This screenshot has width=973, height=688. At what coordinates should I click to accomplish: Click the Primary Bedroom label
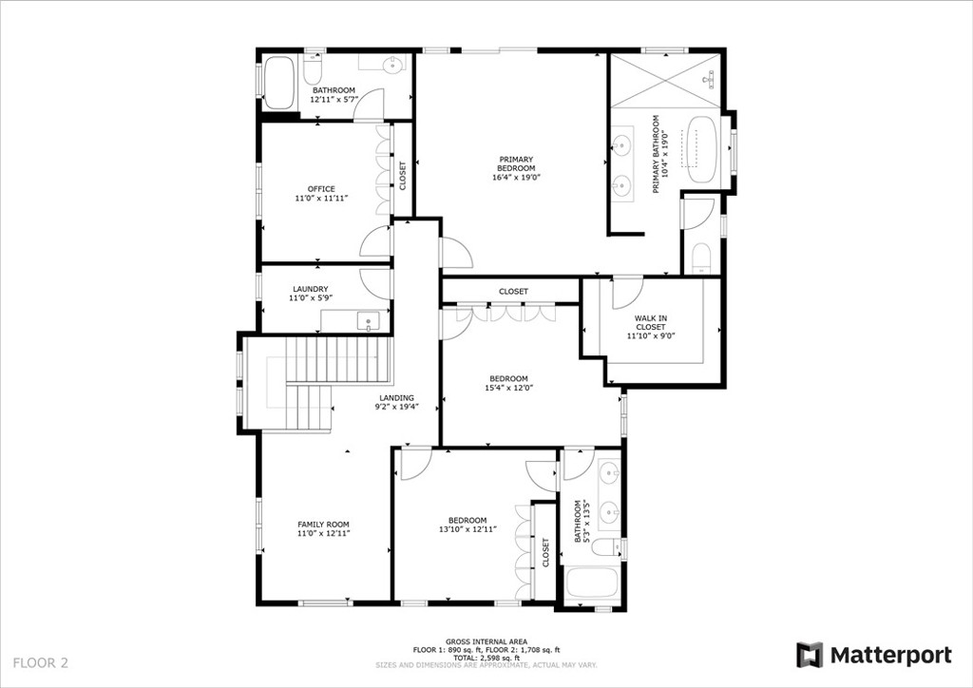(516, 163)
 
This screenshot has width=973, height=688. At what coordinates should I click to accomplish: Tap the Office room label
(321, 188)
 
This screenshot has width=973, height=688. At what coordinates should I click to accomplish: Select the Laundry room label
(311, 289)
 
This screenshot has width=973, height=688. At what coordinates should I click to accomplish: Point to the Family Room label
(323, 525)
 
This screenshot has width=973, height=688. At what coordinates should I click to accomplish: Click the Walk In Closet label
(650, 322)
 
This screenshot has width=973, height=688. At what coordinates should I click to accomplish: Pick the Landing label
(396, 398)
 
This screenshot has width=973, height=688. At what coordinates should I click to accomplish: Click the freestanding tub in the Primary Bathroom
(702, 149)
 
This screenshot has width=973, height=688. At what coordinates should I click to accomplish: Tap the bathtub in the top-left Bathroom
(278, 83)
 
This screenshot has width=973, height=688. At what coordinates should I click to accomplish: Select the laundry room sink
(369, 321)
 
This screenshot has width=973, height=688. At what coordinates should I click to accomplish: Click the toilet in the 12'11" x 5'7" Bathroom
(312, 69)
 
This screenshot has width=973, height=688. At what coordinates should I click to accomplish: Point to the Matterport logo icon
(810, 655)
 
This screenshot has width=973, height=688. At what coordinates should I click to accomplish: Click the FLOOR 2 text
(40, 662)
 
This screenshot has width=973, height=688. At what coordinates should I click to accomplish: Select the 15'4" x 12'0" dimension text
(509, 388)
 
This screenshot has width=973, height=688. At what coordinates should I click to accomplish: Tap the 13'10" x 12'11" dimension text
(467, 529)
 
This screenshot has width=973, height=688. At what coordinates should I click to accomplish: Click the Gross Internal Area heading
(486, 641)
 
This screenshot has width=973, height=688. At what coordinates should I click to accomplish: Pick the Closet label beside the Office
(403, 176)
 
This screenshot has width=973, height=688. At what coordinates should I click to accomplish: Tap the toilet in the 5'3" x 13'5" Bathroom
(606, 547)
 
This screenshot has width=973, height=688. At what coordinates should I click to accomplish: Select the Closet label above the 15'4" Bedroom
(514, 292)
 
